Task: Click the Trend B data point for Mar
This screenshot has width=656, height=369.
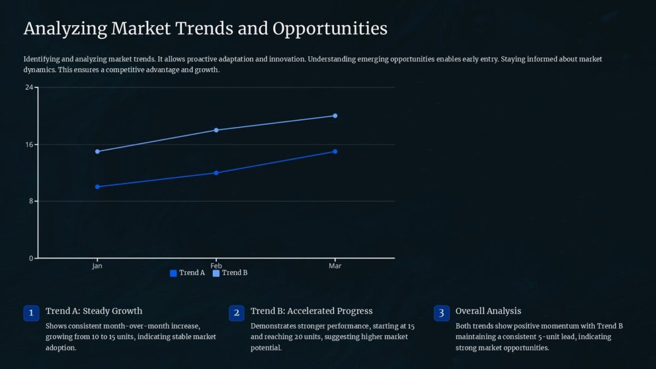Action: [335, 116]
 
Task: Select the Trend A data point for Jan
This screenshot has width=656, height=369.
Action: [97, 187]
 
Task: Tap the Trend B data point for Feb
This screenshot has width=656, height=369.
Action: [216, 130]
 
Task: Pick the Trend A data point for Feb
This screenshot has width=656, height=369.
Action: [216, 173]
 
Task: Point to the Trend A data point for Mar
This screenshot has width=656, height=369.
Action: [335, 151]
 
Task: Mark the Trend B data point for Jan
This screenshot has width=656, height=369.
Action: [97, 151]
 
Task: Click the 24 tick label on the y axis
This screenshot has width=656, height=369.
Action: [29, 87]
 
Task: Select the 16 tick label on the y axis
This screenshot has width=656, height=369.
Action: [29, 144]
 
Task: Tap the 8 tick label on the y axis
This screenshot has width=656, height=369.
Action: [31, 201]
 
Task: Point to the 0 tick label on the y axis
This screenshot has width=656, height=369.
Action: [31, 259]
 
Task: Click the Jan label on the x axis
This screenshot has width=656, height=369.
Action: [97, 266]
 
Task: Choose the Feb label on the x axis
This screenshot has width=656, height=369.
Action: [216, 266]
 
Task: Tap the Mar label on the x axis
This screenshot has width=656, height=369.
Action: [335, 266]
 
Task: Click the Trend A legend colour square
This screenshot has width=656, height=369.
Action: [173, 273]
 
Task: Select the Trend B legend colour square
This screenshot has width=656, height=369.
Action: [216, 273]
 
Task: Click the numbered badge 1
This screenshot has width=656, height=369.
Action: [31, 313]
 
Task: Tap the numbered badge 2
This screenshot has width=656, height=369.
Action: [236, 313]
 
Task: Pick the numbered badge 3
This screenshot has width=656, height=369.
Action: [441, 313]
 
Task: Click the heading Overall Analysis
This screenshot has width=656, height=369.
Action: [488, 311]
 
